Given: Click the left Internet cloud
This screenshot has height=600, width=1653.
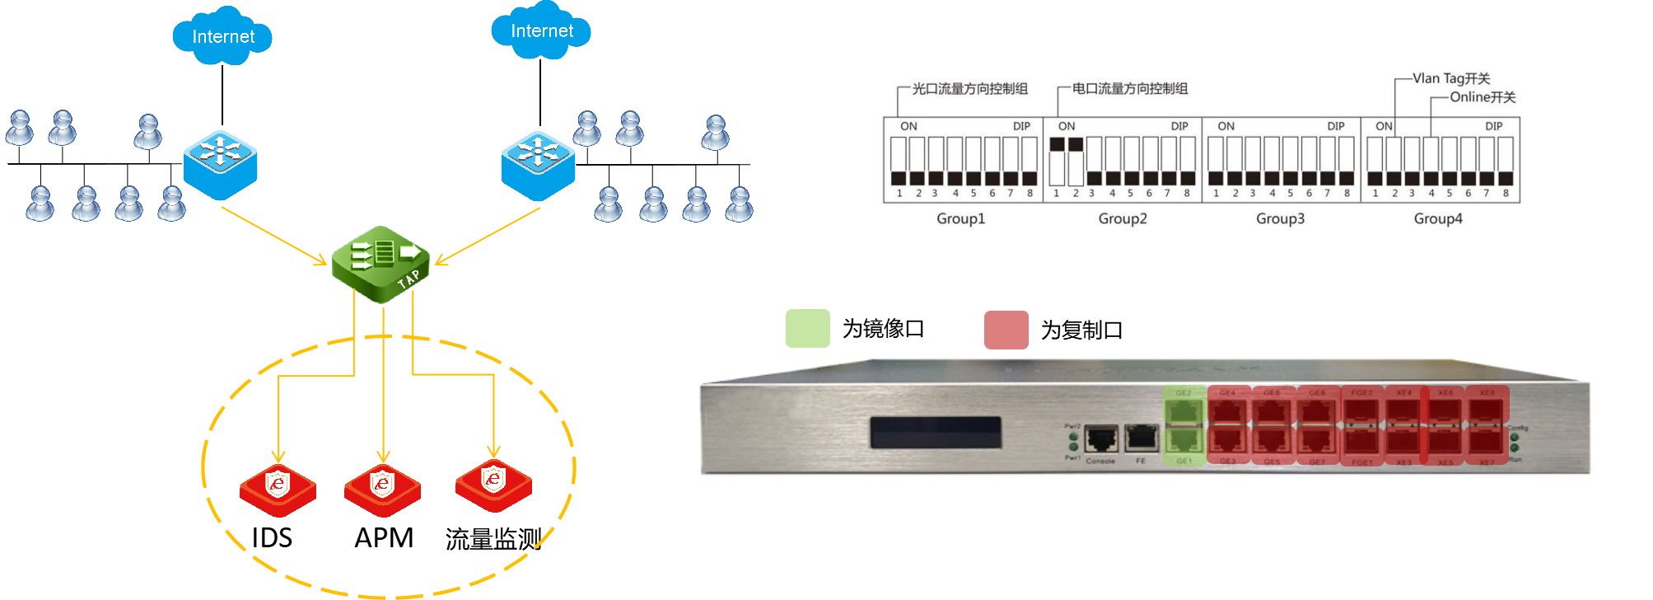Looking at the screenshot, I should coord(222,36).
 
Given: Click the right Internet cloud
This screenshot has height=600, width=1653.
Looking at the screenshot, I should coord(541,31).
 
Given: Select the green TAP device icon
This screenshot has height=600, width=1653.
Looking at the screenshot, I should coord(381,263).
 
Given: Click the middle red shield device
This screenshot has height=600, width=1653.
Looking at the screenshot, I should coord(382,488).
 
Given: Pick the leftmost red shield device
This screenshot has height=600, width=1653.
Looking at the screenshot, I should coord(278,489).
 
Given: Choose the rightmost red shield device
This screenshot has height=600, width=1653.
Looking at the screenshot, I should coord(493,484).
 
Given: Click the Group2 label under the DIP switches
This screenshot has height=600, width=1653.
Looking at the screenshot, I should coord(1123,218).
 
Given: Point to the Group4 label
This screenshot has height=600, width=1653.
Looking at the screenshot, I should coord(1438,218).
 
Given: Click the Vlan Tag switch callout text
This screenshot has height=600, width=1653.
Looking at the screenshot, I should coord(1451,78).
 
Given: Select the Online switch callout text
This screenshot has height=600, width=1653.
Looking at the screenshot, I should coord(1483,97).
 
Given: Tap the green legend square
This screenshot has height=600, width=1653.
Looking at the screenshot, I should coord(807,328).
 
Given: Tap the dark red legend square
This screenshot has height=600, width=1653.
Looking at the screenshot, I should coord(1006,330).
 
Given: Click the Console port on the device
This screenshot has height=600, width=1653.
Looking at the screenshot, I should coord(1101,439).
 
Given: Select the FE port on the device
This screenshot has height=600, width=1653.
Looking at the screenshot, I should coord(1142,439).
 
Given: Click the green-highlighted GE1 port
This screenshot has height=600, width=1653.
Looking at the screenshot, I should coord(1184,441).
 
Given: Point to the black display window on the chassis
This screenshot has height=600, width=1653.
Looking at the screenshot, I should coord(936,433).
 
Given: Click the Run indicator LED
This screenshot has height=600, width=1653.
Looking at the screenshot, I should coord(1515,448).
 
